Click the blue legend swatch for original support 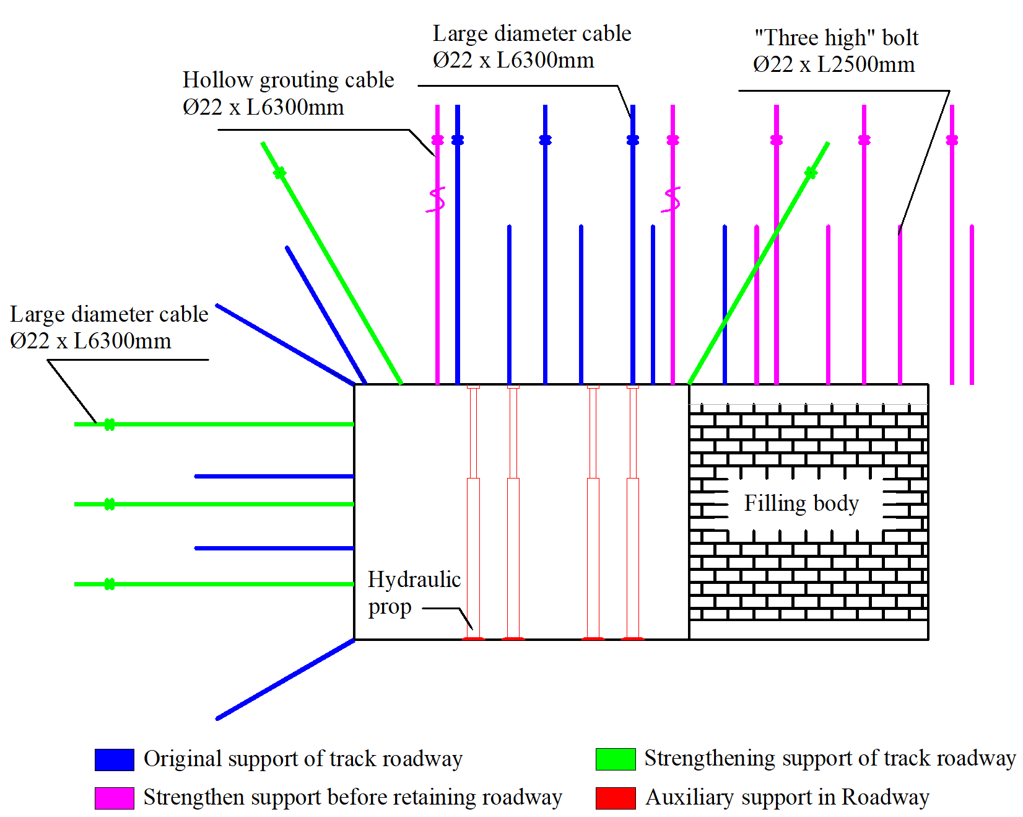[114, 759]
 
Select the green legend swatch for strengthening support [615, 759]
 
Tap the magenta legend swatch [114, 798]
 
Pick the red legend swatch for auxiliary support [615, 798]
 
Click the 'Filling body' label [801, 503]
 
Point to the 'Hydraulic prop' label [414, 593]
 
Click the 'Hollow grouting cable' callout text [288, 80]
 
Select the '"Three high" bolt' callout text [836, 38]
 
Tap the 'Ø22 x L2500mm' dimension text [834, 64]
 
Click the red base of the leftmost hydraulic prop [474, 638]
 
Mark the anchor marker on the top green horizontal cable [110, 425]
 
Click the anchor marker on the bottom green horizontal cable [110, 584]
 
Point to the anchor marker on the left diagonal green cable [280, 173]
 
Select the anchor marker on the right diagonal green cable [811, 173]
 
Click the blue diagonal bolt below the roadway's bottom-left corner [285, 679]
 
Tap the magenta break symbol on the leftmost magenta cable [437, 200]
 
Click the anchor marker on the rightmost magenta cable [952, 140]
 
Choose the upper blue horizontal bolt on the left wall [274, 476]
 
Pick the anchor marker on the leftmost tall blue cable [458, 140]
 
